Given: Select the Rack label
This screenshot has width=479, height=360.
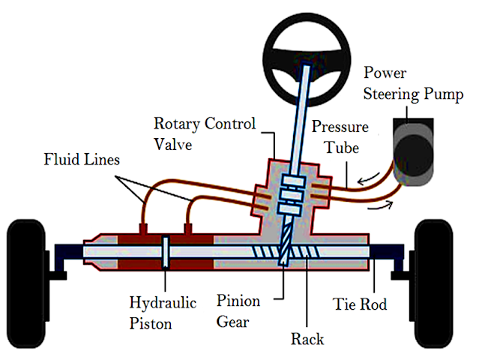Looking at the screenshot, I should click(x=307, y=339).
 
